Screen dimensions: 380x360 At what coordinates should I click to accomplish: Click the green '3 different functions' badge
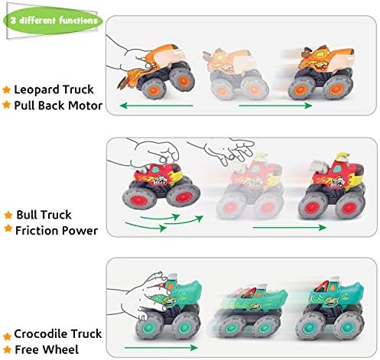coord(53,21)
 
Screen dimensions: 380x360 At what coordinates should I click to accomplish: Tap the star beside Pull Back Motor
coord(6,105)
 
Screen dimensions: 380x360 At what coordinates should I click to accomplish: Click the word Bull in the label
coord(26,215)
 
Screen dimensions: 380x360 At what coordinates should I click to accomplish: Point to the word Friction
coord(37,231)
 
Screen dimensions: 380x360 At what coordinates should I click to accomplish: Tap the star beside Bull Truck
coord(8,215)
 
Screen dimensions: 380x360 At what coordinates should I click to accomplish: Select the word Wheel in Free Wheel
coord(63,349)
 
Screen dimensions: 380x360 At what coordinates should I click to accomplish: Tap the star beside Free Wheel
coord(7,349)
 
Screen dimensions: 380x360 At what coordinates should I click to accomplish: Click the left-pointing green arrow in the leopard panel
coord(156,105)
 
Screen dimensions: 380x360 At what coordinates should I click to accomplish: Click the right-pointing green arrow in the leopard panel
coord(275,105)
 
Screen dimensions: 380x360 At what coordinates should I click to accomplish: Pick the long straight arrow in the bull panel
coord(290,227)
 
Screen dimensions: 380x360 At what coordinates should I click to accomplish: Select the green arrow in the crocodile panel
coord(161,348)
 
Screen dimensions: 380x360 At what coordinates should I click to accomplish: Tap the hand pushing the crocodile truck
coord(139,296)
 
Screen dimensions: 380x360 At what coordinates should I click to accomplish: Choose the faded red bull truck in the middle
coord(251,186)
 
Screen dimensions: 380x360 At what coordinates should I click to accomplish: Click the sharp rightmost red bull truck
coord(332,186)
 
